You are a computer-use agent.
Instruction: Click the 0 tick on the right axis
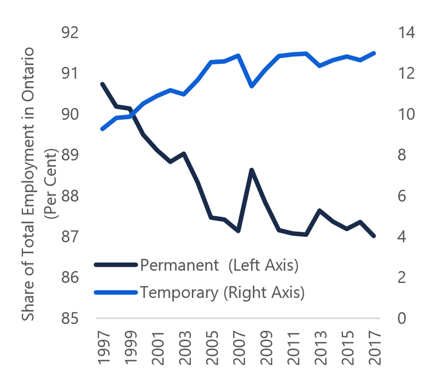401,319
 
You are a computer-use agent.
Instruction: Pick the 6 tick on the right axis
401,196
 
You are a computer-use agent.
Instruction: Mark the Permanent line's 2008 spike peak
251,170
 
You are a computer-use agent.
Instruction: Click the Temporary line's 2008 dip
251,86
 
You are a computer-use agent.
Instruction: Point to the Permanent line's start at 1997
102,84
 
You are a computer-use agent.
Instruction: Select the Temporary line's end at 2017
374,53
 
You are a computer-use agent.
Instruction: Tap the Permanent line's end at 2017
374,236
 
